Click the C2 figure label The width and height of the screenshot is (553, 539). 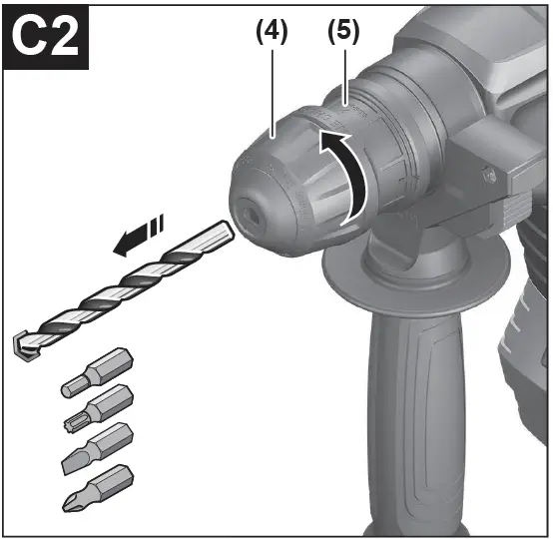click(x=45, y=37)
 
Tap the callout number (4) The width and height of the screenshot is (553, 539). click(x=272, y=32)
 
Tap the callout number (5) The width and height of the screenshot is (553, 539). click(x=343, y=32)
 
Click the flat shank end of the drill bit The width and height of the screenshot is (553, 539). click(x=225, y=232)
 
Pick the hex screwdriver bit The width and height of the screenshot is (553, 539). click(x=98, y=373)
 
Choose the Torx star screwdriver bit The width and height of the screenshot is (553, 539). click(x=99, y=409)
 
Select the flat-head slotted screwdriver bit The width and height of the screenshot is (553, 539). click(x=98, y=449)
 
